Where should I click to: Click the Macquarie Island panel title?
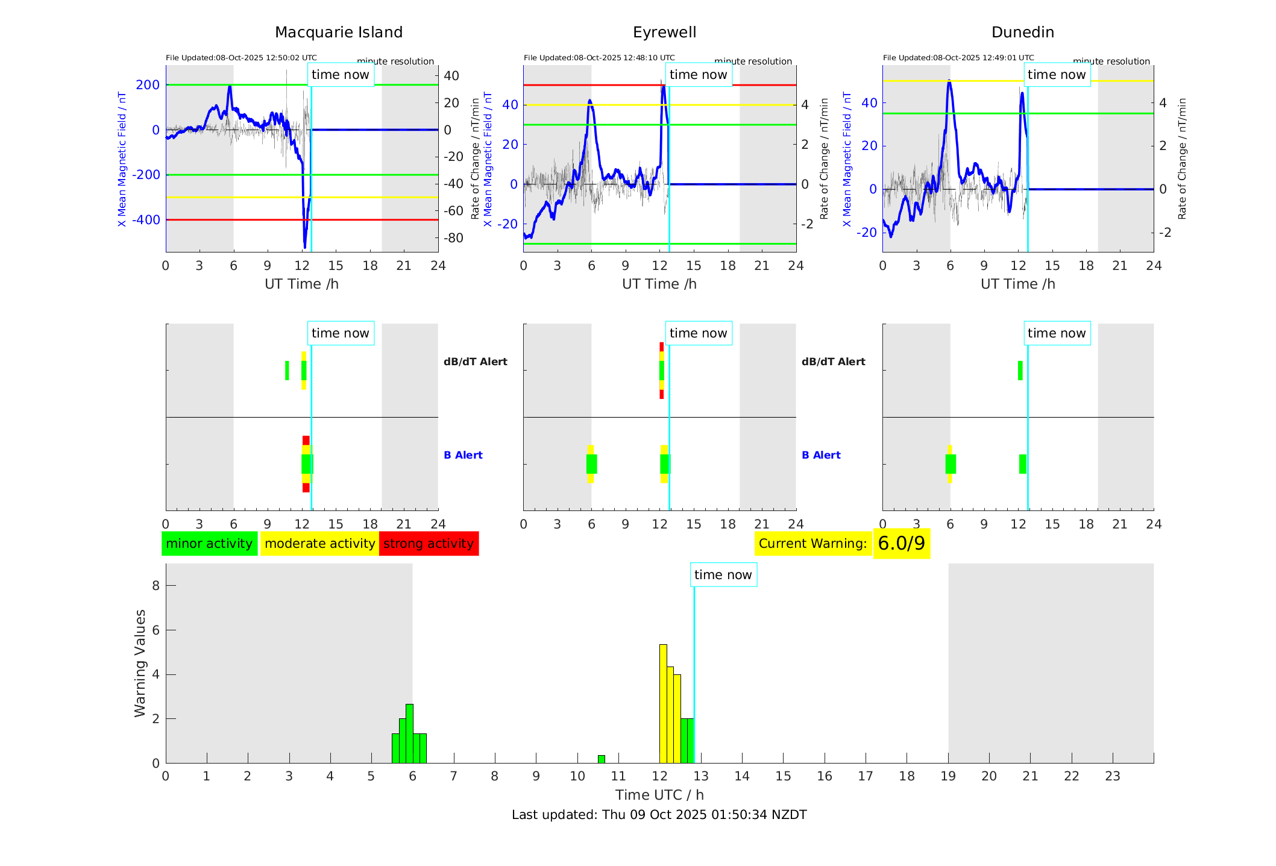pyautogui.click(x=339, y=33)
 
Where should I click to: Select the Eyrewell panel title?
pyautogui.click(x=664, y=33)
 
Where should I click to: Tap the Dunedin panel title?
pyautogui.click(x=1022, y=33)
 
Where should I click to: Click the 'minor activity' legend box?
pyautogui.click(x=209, y=544)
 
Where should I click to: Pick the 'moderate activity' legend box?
pyautogui.click(x=319, y=544)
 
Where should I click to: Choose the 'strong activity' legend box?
pyautogui.click(x=429, y=544)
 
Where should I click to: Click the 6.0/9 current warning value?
pyautogui.click(x=901, y=544)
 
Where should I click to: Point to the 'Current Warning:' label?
pyautogui.click(x=812, y=544)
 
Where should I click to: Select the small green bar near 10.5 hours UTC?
pyautogui.click(x=601, y=759)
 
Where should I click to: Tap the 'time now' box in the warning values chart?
pyautogui.click(x=723, y=575)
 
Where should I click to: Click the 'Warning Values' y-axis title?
pyautogui.click(x=140, y=663)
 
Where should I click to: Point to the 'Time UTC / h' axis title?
pyautogui.click(x=659, y=795)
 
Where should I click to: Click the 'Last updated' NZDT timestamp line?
pyautogui.click(x=659, y=815)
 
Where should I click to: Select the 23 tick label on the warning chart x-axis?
pyautogui.click(x=1112, y=776)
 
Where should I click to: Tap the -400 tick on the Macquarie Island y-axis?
pyautogui.click(x=146, y=220)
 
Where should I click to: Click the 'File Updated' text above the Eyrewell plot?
pyautogui.click(x=599, y=58)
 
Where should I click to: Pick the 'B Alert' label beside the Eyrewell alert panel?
pyautogui.click(x=821, y=455)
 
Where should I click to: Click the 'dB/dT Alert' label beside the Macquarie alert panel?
pyautogui.click(x=475, y=362)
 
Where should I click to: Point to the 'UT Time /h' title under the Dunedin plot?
pyautogui.click(x=1017, y=284)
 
